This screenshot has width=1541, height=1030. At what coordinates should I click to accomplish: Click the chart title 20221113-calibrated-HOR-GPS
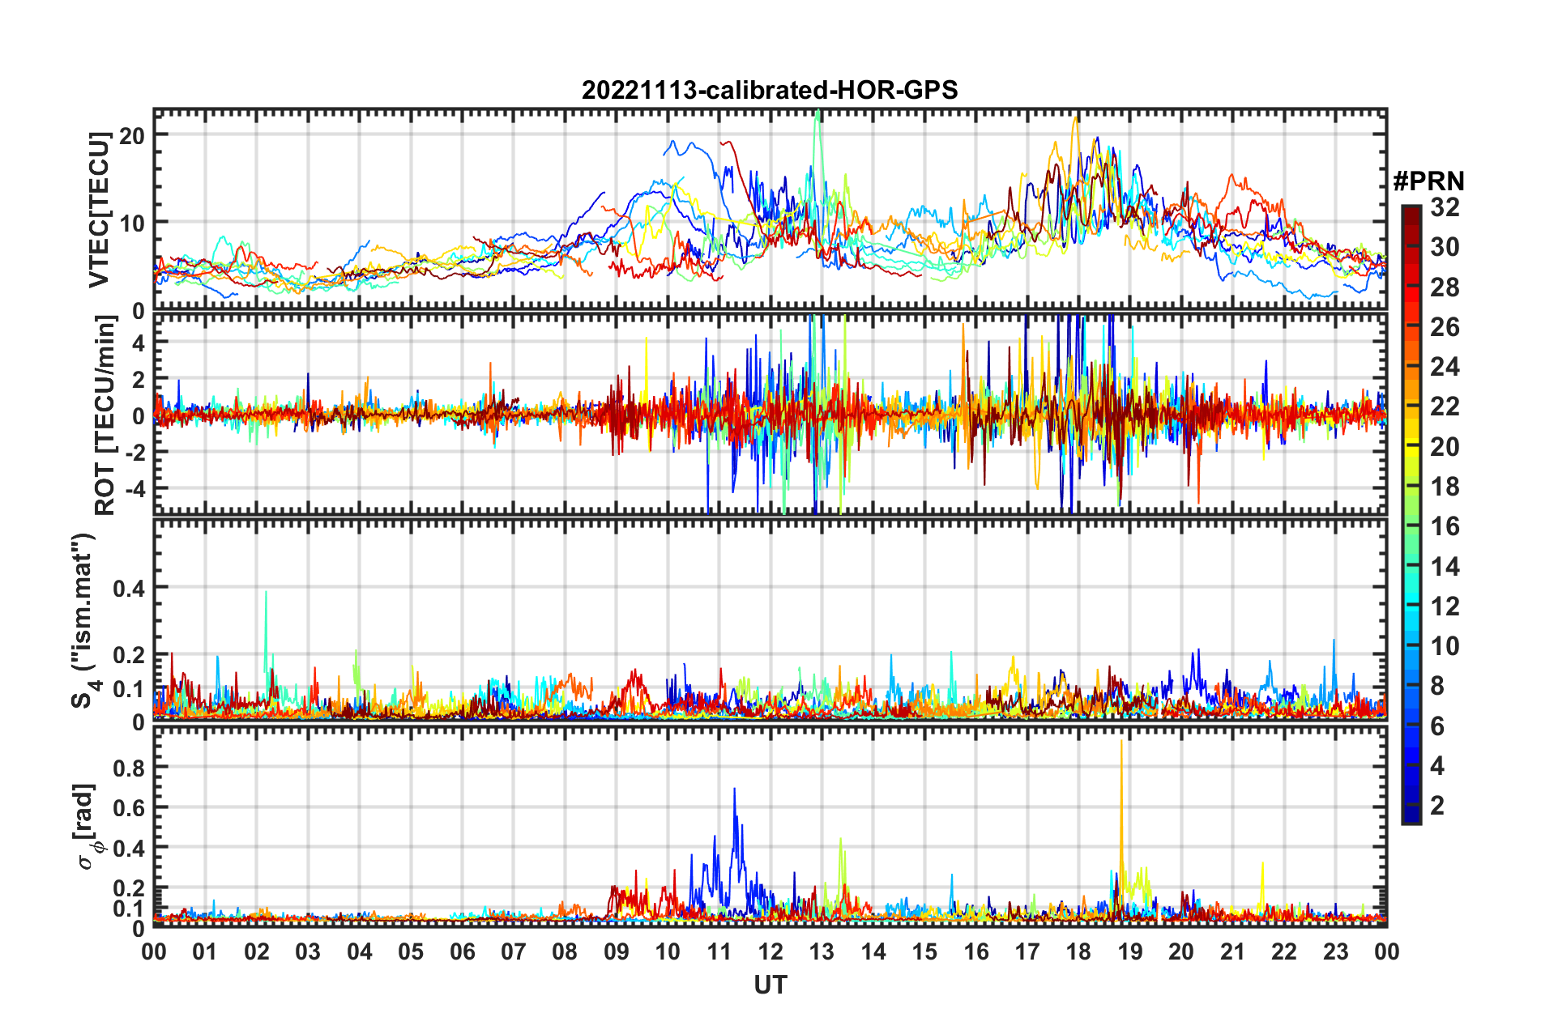(770, 90)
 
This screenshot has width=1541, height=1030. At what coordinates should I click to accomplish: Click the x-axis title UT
(770, 985)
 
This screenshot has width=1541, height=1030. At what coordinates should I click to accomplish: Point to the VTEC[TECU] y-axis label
(99, 210)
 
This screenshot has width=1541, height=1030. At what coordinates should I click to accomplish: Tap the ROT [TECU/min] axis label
(105, 415)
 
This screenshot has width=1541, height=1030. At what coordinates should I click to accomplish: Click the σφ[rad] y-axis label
(86, 826)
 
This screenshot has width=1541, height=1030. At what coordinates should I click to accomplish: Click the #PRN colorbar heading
(1428, 181)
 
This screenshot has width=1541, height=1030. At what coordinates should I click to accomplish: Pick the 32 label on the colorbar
(1445, 207)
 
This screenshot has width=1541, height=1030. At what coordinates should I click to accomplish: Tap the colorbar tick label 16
(1445, 526)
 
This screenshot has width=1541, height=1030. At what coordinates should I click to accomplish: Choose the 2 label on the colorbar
(1437, 805)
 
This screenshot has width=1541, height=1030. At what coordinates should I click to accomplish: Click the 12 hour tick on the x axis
(770, 952)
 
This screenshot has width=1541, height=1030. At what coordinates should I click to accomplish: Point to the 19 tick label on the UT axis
(1129, 952)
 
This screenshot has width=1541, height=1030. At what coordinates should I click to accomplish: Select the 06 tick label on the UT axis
(462, 952)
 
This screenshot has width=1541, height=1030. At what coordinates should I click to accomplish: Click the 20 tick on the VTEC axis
(132, 135)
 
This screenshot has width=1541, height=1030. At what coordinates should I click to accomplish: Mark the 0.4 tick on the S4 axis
(129, 588)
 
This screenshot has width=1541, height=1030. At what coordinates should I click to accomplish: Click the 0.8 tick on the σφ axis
(129, 768)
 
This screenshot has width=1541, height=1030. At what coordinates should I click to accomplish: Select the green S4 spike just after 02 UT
(266, 595)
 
